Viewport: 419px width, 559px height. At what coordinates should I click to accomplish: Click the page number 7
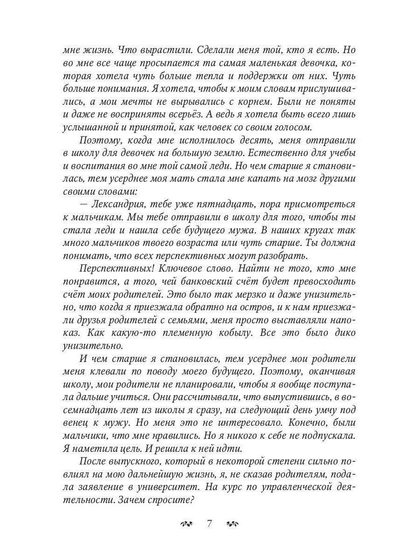[209, 523]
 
